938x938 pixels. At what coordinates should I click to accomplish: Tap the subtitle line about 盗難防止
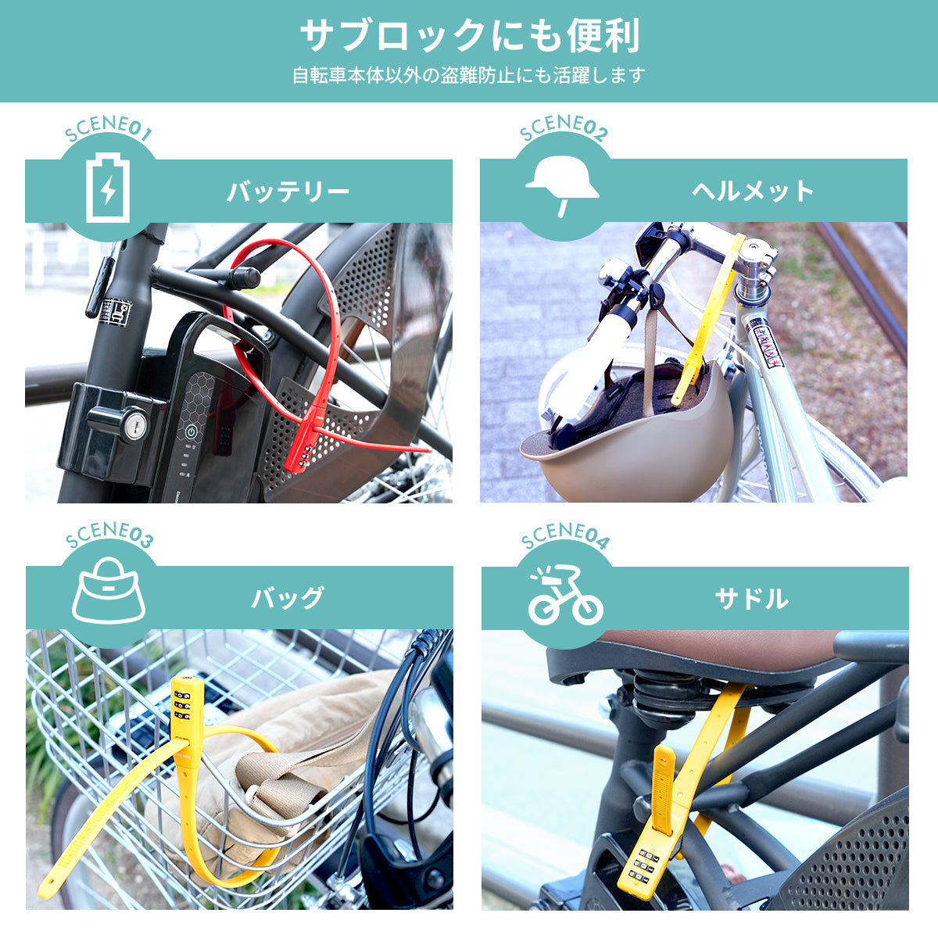pyautogui.click(x=469, y=76)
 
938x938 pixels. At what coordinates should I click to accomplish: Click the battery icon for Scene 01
pyautogui.click(x=108, y=188)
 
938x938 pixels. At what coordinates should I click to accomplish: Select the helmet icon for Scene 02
pyautogui.click(x=562, y=187)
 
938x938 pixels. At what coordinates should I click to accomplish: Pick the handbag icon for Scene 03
pyautogui.click(x=109, y=591)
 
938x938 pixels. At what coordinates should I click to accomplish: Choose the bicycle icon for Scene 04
pyautogui.click(x=566, y=595)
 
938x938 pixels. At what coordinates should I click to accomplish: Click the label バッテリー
pyautogui.click(x=288, y=192)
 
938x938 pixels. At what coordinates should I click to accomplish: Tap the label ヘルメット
pyautogui.click(x=753, y=191)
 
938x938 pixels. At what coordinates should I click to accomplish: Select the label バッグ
pyautogui.click(x=288, y=598)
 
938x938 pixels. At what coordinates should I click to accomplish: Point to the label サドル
pyautogui.click(x=751, y=599)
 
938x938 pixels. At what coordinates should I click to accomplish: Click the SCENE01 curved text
pyautogui.click(x=108, y=128)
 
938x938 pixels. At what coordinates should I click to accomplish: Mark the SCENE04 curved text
pyautogui.click(x=564, y=535)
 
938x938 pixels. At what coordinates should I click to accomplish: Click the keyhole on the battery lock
pyautogui.click(x=135, y=425)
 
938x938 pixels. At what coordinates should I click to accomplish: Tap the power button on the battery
pyautogui.click(x=192, y=431)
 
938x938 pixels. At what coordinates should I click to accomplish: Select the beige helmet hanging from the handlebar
pyautogui.click(x=628, y=428)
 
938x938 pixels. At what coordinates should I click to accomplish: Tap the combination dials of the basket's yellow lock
pyautogui.click(x=183, y=705)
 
